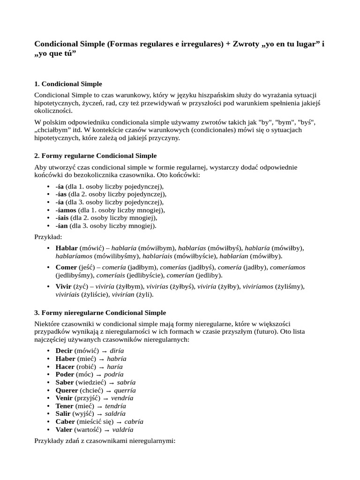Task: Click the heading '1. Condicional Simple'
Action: (68, 84)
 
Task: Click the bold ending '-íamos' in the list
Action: (66, 210)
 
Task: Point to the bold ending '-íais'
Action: (62, 218)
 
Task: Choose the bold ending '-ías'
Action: (61, 194)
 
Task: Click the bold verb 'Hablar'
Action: (67, 247)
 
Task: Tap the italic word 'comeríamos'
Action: (287, 267)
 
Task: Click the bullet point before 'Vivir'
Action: (49, 286)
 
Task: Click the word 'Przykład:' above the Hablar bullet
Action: (48, 237)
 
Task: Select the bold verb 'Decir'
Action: (65, 351)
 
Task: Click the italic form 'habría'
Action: (117, 359)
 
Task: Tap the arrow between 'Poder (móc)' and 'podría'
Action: (98, 375)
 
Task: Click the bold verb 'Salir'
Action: (64, 413)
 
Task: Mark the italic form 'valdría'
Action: (123, 429)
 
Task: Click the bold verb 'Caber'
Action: (65, 421)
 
